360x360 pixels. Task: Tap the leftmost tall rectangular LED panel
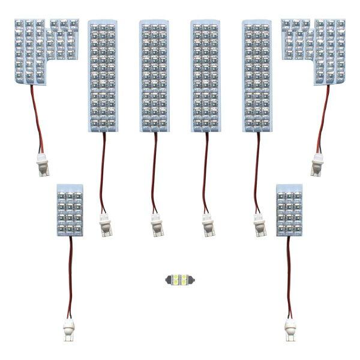tap(103, 76)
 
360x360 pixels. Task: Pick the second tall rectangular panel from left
tap(154, 76)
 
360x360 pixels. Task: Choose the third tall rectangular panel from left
tap(205, 76)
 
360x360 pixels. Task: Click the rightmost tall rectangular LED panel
tap(256, 76)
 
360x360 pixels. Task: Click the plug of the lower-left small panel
tap(67, 329)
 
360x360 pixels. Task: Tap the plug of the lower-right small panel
tap(291, 329)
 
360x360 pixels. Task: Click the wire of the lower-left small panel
tap(69, 276)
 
